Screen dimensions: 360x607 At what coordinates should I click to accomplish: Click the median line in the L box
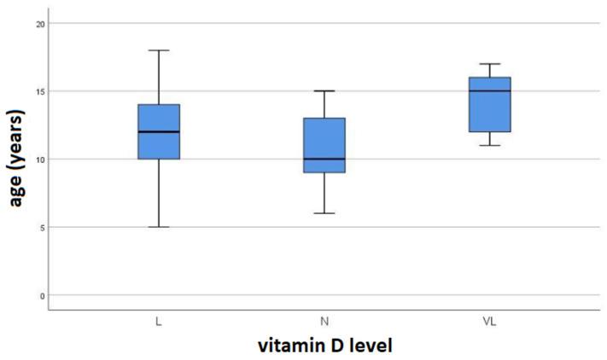click(x=159, y=131)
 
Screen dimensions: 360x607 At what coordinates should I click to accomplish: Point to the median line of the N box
click(x=324, y=159)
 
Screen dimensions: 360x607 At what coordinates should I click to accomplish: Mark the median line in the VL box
click(x=490, y=90)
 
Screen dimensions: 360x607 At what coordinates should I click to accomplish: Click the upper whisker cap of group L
click(x=159, y=50)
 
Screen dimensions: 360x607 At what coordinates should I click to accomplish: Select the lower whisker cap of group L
click(x=159, y=227)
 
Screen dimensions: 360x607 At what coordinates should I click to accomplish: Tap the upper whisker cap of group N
click(x=324, y=90)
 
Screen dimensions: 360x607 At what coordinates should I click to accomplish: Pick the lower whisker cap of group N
click(x=324, y=213)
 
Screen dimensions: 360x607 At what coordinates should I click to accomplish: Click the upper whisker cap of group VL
click(x=490, y=64)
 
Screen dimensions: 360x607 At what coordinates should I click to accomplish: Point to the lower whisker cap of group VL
click(x=490, y=145)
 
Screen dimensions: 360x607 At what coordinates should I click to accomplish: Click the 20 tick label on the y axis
click(x=39, y=23)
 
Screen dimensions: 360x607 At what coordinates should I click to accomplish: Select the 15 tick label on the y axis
click(x=39, y=91)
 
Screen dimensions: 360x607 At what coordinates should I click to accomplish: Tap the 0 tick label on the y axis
click(x=41, y=295)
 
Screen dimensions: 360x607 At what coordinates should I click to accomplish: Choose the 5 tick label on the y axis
click(x=41, y=227)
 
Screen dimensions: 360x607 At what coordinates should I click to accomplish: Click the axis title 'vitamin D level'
click(x=324, y=347)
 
